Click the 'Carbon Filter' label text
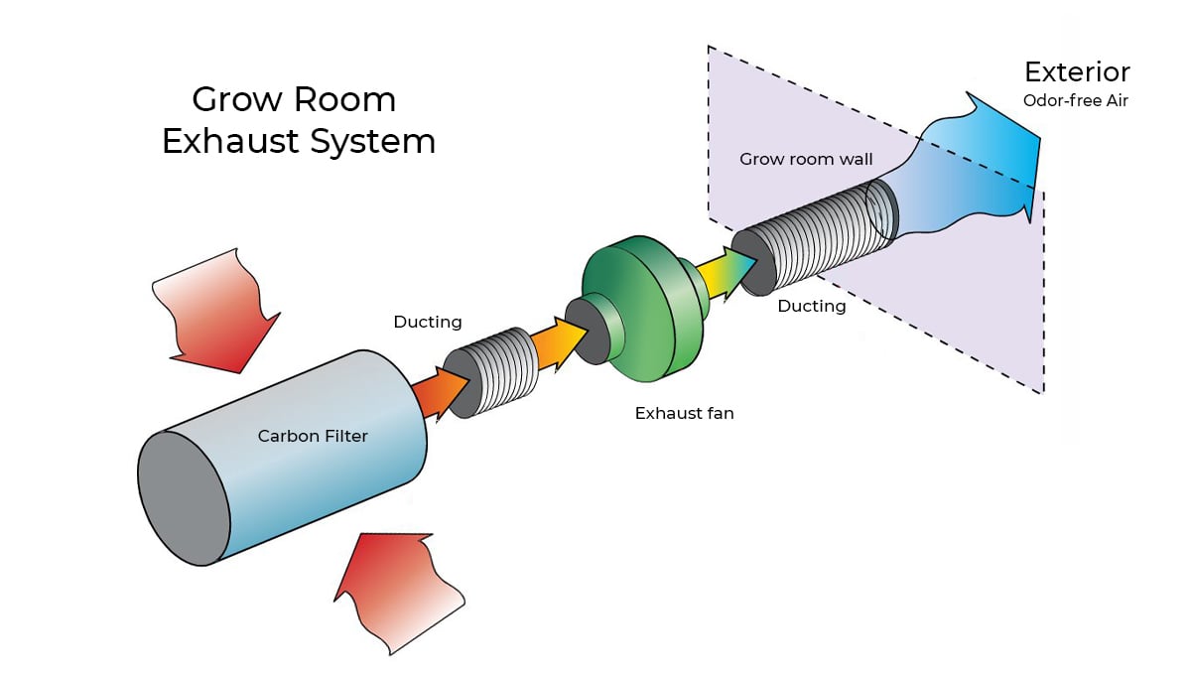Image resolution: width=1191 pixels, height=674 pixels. tap(313, 436)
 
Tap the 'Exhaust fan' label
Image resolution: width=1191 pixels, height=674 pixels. tap(684, 412)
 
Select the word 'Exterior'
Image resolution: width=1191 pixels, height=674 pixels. tap(1077, 72)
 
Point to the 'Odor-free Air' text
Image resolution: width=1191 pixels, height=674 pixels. tap(1077, 100)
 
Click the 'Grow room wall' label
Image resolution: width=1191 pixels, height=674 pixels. tap(806, 159)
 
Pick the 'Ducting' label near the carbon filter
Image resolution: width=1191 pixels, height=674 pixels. tap(428, 322)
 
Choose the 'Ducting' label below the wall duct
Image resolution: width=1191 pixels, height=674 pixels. tap(811, 306)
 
